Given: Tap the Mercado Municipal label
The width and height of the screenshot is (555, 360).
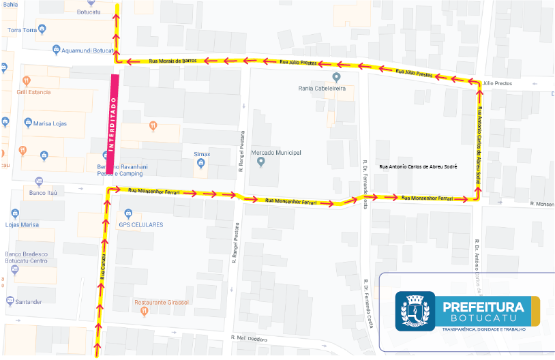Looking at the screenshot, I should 275,153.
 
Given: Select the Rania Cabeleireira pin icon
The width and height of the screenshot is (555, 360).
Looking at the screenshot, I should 335,76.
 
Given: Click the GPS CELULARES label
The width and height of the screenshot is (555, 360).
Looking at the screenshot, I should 141,224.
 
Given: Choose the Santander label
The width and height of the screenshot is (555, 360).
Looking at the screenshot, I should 29,301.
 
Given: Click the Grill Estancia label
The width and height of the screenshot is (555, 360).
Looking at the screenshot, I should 34,91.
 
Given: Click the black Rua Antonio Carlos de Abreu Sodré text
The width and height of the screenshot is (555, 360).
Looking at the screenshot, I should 417,166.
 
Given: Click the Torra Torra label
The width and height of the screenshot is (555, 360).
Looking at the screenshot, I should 22,30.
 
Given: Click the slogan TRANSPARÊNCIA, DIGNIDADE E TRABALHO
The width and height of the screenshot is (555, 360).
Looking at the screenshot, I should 483,329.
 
